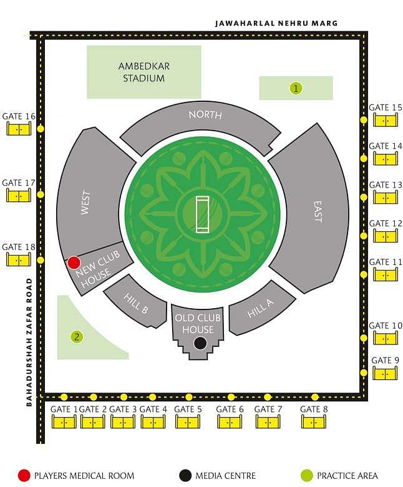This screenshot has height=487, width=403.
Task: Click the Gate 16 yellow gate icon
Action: point(19,129)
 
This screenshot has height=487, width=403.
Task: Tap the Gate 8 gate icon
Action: point(314,422)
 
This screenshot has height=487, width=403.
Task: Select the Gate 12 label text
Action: point(386,223)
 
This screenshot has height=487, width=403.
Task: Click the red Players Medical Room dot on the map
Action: point(74,263)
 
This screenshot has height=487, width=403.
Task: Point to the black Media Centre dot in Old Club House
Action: point(200,343)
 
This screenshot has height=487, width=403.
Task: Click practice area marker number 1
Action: point(296,88)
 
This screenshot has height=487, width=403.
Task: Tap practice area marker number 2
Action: point(77,337)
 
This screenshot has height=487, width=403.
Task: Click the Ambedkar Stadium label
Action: point(144,72)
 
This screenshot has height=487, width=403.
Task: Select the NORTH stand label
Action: point(205,115)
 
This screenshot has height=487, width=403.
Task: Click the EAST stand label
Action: point(318,211)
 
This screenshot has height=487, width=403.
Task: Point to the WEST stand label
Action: point(85,202)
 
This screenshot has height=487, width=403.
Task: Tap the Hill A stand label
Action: point(260,309)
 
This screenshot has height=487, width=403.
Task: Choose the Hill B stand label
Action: point(136,303)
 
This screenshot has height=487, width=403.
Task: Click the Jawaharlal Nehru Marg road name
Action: point(276,23)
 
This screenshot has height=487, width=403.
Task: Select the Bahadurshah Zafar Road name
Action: point(29,342)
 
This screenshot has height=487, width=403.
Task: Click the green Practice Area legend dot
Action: point(307,476)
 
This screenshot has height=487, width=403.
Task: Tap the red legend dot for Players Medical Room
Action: point(24,476)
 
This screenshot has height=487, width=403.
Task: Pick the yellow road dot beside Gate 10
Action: point(364,338)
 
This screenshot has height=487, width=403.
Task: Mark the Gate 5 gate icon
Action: point(188,422)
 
